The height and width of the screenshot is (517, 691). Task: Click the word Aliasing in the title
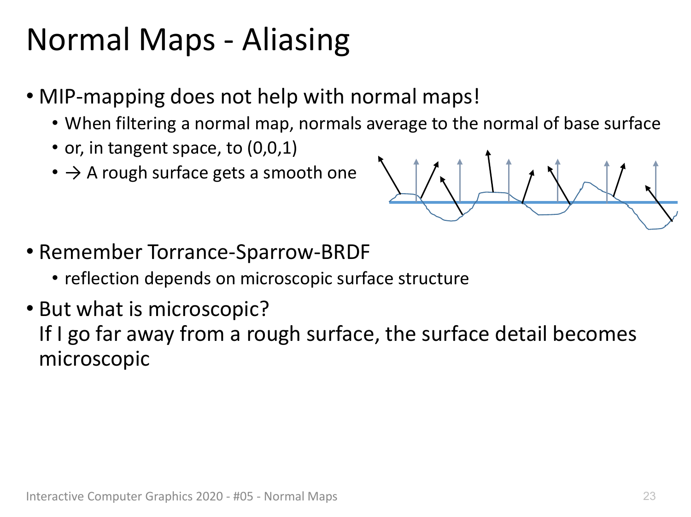(x=296, y=41)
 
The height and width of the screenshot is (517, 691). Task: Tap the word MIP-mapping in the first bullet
(x=102, y=97)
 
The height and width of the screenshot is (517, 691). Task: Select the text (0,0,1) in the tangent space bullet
(x=272, y=148)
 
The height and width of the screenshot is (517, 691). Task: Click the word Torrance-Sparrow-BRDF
(x=258, y=252)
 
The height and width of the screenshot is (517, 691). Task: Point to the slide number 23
(x=649, y=496)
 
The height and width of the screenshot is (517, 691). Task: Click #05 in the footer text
(x=243, y=496)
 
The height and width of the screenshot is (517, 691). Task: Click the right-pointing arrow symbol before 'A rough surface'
(x=73, y=173)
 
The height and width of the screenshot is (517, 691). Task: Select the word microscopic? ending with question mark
(x=208, y=309)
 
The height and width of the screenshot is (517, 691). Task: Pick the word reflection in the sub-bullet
(x=102, y=278)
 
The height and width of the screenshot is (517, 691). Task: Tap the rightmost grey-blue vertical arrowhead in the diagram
(x=656, y=163)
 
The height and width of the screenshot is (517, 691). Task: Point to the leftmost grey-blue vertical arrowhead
(x=416, y=161)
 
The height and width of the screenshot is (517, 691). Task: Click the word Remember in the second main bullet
(x=90, y=252)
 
